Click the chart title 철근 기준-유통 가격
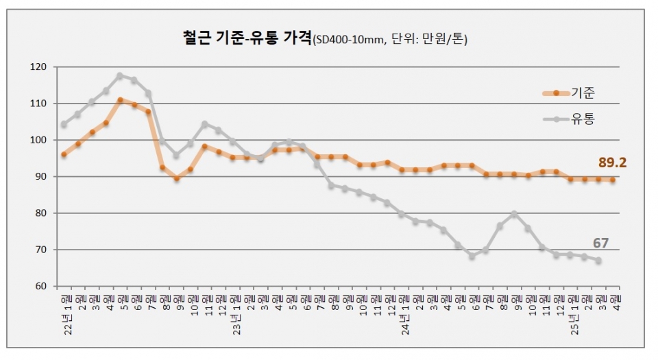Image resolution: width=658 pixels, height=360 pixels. tap(243, 38)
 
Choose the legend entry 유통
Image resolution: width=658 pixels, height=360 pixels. tap(583, 119)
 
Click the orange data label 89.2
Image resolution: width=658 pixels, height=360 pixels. tap(613, 163)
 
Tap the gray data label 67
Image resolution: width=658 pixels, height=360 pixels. tap(600, 243)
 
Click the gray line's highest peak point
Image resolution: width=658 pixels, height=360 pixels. tap(120, 75)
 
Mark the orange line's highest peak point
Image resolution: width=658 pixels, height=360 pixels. tap(120, 100)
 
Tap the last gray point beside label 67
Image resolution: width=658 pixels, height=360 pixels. tap(598, 261)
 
